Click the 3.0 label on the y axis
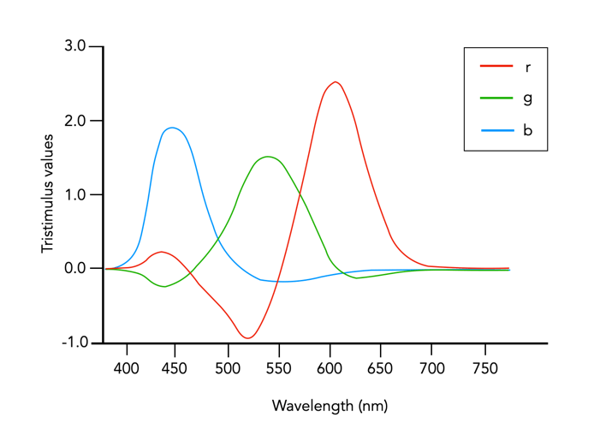pyautogui.click(x=75, y=46)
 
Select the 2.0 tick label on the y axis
pyautogui.click(x=75, y=121)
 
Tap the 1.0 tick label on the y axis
pyautogui.click(x=75, y=194)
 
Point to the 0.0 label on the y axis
pyautogui.click(x=75, y=268)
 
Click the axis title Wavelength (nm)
pyautogui.click(x=330, y=405)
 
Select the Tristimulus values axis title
pyautogui.click(x=48, y=193)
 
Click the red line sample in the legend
pyautogui.click(x=496, y=67)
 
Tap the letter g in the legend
pyautogui.click(x=527, y=98)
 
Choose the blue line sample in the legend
pyautogui.click(x=496, y=131)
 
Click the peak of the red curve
pyautogui.click(x=336, y=82)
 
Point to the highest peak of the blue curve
pyautogui.click(x=173, y=128)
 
